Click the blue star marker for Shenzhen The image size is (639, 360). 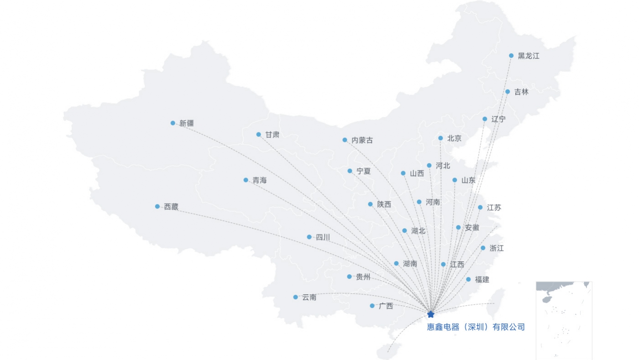[430, 314]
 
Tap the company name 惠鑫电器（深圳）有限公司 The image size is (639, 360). [476, 327]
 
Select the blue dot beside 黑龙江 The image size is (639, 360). [511, 56]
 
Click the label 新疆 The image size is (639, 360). [187, 123]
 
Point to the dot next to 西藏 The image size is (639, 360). [157, 206]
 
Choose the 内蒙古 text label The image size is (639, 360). [362, 140]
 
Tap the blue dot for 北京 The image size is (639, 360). [440, 138]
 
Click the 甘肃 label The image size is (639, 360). [272, 135]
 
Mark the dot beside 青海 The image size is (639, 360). [246, 180]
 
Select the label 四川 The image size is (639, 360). [323, 237]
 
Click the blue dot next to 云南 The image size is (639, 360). [295, 297]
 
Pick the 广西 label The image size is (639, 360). [386, 306]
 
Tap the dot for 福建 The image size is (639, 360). [468, 279]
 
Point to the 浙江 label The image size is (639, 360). [497, 248]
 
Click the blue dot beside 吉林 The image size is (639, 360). [508, 92]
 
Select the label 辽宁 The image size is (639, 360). [498, 119]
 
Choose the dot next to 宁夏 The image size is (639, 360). [350, 171]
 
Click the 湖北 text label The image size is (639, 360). [418, 231]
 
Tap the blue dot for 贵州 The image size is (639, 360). [349, 277]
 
